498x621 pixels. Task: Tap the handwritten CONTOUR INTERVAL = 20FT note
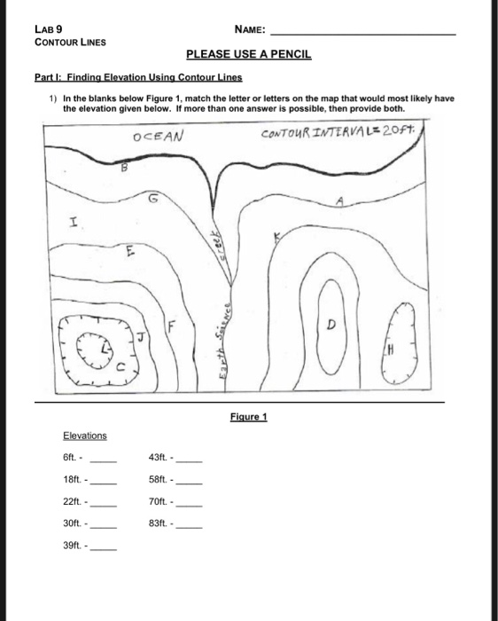click(340, 133)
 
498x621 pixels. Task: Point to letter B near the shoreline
click(124, 166)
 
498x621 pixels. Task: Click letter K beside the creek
click(276, 235)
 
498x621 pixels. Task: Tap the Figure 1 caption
click(248, 415)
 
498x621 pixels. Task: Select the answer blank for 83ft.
click(191, 526)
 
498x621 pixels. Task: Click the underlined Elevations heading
click(84, 436)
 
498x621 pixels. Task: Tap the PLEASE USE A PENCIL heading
click(248, 55)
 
